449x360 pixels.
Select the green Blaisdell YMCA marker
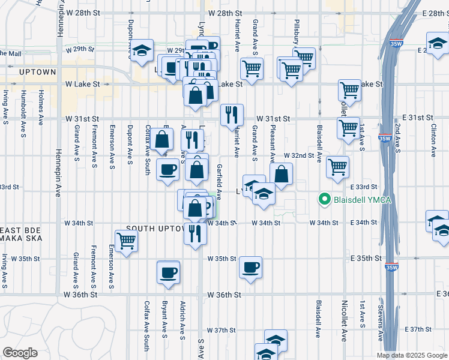pyautogui.click(x=325, y=199)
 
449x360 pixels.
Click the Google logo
pyautogui.click(x=20, y=353)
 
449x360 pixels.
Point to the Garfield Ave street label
pyautogui.click(x=220, y=181)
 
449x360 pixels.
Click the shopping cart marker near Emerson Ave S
pyautogui.click(x=125, y=241)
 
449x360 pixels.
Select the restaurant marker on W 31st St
pyautogui.click(x=232, y=114)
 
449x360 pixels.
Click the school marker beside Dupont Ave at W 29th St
pyautogui.click(x=142, y=51)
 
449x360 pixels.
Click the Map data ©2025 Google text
pyautogui.click(x=411, y=355)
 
